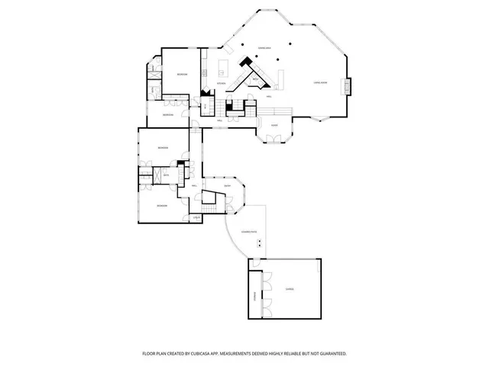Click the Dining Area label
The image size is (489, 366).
[265, 47]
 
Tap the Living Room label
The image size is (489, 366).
[320, 82]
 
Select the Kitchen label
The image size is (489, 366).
[220, 82]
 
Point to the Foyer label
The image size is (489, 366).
[274, 124]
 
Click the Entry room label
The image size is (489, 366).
[228, 185]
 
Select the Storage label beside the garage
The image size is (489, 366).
[254, 294]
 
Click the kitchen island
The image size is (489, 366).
[226, 63]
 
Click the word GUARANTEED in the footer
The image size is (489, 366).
[333, 353]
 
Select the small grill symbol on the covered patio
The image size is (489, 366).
[261, 242]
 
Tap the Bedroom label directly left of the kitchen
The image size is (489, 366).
[182, 75]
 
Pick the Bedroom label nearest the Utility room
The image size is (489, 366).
[162, 206]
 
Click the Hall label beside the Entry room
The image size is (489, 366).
[195, 185]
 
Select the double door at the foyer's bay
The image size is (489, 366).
[272, 140]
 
